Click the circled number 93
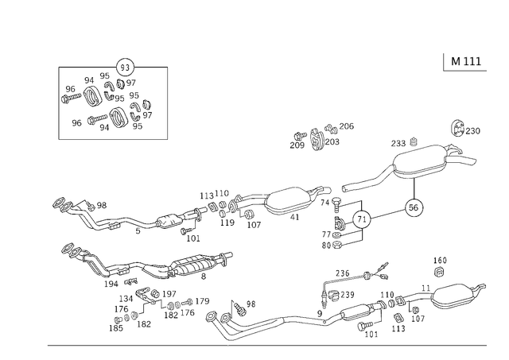click(x=125, y=68)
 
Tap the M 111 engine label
click(x=466, y=61)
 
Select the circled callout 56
click(x=414, y=207)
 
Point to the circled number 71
click(x=362, y=219)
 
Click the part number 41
click(x=294, y=217)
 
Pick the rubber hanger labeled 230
click(x=458, y=129)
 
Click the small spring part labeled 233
click(x=414, y=141)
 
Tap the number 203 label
click(x=332, y=141)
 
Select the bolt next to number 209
click(x=301, y=136)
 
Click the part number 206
click(x=347, y=126)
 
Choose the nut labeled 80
click(x=337, y=245)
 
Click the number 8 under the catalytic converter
click(x=204, y=277)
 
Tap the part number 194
click(x=111, y=285)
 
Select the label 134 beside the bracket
click(x=126, y=299)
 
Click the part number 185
click(x=116, y=328)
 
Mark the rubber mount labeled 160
click(x=439, y=272)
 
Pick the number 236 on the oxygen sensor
click(x=343, y=273)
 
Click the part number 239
click(x=348, y=295)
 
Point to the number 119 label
click(x=227, y=223)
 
